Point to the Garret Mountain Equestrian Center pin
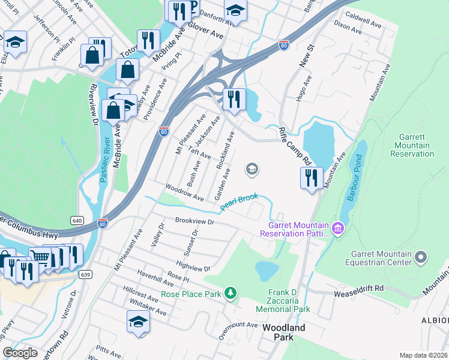(x=421, y=257)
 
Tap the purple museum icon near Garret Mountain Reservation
(x=337, y=228)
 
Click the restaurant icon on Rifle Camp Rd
(x=312, y=178)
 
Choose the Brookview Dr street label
(x=194, y=221)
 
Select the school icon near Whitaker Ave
(x=138, y=323)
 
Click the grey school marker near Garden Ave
(x=252, y=170)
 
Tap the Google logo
(x=20, y=353)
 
